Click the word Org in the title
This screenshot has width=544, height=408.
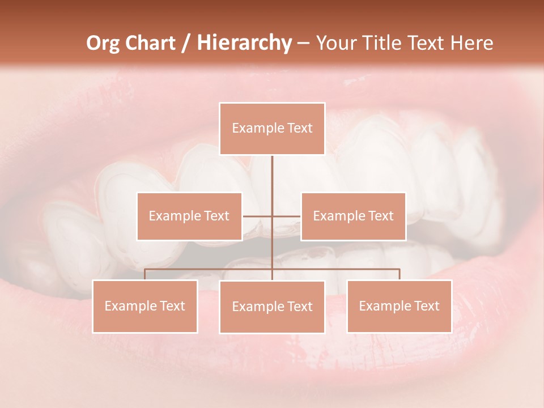pyautogui.click(x=103, y=43)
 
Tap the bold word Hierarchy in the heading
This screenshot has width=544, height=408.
pyautogui.click(x=244, y=43)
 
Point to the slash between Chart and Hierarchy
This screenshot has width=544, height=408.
pyautogui.click(x=186, y=43)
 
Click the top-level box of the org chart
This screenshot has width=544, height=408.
pyautogui.click(x=272, y=129)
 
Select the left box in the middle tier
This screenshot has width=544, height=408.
pyautogui.click(x=189, y=216)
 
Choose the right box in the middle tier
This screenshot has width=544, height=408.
pyautogui.click(x=353, y=216)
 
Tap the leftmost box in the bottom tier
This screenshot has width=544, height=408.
pyautogui.click(x=145, y=306)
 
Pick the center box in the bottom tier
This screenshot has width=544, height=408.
pyautogui.click(x=272, y=307)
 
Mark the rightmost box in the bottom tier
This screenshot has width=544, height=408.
pyautogui.click(x=399, y=306)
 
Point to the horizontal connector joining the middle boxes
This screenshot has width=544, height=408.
pyautogui.click(x=286, y=216)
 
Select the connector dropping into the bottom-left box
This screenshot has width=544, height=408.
pyautogui.click(x=145, y=274)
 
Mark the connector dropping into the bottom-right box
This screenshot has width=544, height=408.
pyautogui.click(x=399, y=274)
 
